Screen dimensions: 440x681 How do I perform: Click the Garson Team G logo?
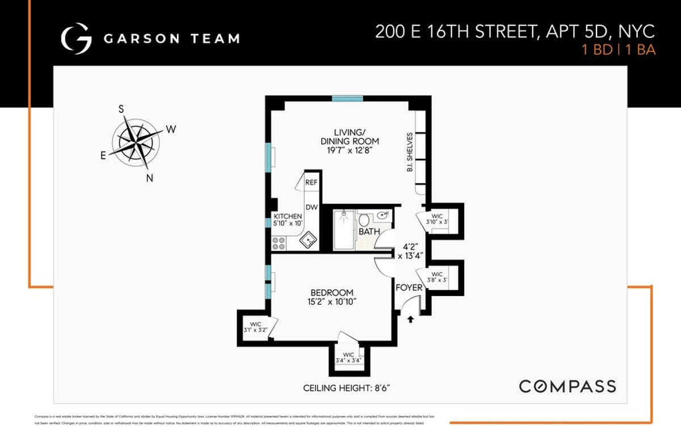click(x=76, y=39)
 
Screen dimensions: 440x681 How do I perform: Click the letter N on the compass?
click(x=150, y=178)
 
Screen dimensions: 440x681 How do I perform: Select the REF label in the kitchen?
click(x=312, y=183)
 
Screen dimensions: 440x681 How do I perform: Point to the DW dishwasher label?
click(x=312, y=208)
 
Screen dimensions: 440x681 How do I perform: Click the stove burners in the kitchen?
click(x=279, y=243)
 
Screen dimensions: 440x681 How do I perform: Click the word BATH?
click(x=369, y=232)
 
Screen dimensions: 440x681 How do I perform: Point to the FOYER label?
click(x=409, y=287)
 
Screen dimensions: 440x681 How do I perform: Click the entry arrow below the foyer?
click(x=410, y=320)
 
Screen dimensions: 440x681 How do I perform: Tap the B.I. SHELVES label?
click(x=409, y=154)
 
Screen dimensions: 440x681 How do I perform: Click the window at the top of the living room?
click(x=347, y=98)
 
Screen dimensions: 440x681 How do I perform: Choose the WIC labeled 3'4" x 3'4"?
click(x=348, y=358)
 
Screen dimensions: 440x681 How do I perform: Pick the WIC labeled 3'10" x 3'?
click(x=437, y=219)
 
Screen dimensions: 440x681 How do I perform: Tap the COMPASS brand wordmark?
click(x=567, y=387)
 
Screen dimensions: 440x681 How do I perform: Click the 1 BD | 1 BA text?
click(x=619, y=50)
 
